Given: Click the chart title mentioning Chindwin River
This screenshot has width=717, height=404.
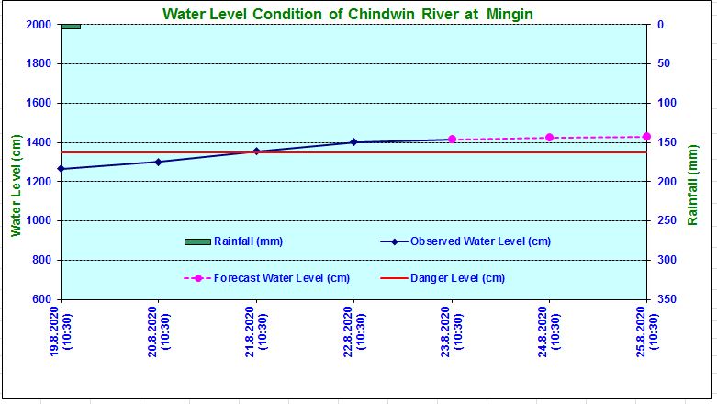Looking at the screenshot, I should click(347, 15).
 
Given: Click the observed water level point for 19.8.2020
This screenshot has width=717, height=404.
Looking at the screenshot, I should click(62, 169).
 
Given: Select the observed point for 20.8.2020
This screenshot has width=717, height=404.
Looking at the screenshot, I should click(159, 162).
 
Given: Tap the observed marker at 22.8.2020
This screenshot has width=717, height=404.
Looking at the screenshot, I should click(353, 142).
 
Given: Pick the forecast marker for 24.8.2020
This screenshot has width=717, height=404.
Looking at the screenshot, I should click(549, 138).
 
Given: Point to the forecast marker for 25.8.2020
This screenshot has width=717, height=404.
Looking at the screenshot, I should click(646, 137).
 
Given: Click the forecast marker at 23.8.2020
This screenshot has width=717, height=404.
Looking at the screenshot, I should click(452, 140).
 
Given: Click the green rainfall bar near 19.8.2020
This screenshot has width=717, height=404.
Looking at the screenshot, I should click(71, 26).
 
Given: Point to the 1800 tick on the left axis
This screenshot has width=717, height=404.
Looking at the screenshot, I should click(39, 63).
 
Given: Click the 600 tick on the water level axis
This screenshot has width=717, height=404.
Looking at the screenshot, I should click(42, 299).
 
